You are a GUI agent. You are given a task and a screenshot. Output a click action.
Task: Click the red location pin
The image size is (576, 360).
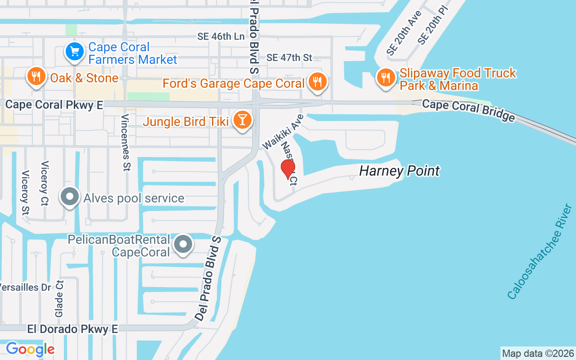288,169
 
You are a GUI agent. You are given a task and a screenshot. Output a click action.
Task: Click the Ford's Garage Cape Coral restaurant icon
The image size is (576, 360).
318,82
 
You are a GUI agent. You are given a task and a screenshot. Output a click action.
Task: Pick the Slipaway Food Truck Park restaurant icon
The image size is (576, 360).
385,77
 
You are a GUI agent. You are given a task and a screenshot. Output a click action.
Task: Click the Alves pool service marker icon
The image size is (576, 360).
70,197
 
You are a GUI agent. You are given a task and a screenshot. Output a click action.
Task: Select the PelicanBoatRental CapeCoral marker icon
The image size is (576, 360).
183,244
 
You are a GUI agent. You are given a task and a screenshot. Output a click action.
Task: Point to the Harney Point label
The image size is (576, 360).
399,171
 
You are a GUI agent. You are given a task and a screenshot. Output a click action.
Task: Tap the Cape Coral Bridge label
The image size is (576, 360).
468,110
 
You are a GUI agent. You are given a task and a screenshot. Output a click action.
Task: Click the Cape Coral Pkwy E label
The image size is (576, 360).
54,105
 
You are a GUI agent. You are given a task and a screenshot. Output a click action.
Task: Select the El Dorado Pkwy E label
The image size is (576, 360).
72,329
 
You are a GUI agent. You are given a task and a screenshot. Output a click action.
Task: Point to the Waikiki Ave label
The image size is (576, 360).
283,131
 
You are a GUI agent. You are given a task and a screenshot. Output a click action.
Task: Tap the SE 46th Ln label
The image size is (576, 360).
221,36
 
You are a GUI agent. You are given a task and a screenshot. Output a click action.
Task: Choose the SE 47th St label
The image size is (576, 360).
289,58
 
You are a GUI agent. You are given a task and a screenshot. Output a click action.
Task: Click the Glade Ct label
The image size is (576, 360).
59,297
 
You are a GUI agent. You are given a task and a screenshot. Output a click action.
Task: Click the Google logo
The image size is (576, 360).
30,349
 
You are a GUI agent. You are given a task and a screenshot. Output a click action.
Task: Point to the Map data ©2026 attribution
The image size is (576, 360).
538,353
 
